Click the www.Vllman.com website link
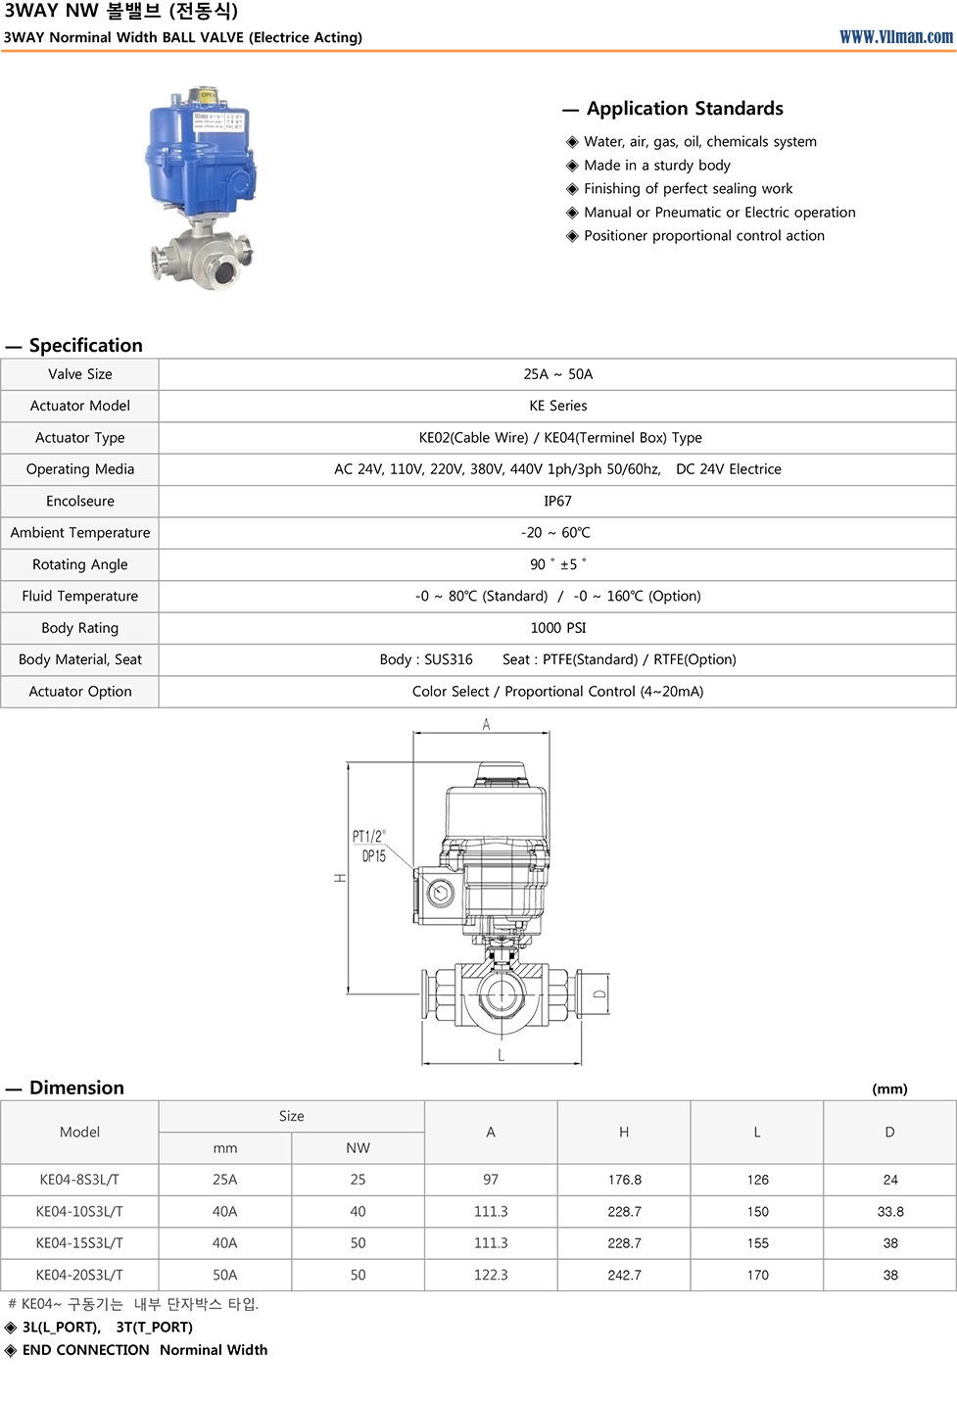pos(895,37)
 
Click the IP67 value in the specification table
pos(557,501)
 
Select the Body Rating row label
pos(80,628)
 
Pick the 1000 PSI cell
pos(557,628)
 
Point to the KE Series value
pos(557,406)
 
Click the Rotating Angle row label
pos(80,564)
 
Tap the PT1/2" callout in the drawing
pos(368,836)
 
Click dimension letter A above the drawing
pos(486,725)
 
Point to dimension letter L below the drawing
pos(502,1055)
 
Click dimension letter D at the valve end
pos(599,993)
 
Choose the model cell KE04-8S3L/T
pos(79,1180)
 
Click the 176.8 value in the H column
pos(624,1180)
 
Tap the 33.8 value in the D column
pos(889,1212)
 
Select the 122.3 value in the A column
pos(491,1275)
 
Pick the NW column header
pos(358,1148)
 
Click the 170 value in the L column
pos(757,1275)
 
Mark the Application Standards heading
pos(685,109)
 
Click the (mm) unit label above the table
pos(889,1089)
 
